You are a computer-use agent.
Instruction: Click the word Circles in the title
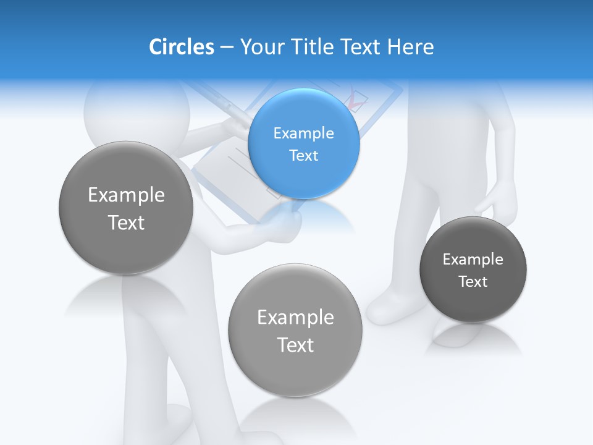[181, 47]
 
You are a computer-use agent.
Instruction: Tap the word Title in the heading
[314, 47]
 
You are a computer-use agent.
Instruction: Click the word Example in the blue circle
[303, 133]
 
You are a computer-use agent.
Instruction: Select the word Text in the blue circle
[303, 155]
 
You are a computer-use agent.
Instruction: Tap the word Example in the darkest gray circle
[473, 260]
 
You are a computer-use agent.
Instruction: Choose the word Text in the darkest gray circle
[473, 282]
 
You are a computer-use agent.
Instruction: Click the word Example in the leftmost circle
[126, 195]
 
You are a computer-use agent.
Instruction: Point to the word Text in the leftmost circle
[126, 222]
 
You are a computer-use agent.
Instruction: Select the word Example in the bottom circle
[295, 318]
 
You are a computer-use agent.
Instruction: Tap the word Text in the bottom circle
[295, 345]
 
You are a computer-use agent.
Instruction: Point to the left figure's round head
[136, 108]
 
